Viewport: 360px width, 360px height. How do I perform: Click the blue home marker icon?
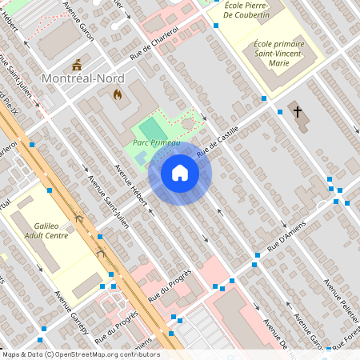pyautogui.click(x=180, y=173)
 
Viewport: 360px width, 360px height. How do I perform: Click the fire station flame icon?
pyautogui.click(x=118, y=94)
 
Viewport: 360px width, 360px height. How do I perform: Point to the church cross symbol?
pyautogui.click(x=298, y=112)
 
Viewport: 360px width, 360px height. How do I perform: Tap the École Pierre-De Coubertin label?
pyautogui.click(x=261, y=10)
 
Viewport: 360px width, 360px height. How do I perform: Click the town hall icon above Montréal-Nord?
pyautogui.click(x=77, y=63)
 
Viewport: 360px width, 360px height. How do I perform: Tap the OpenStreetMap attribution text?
pyautogui.click(x=80, y=354)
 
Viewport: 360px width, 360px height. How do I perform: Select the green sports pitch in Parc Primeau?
pyautogui.click(x=151, y=128)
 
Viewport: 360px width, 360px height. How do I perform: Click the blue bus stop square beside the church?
pyautogui.click(x=280, y=112)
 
